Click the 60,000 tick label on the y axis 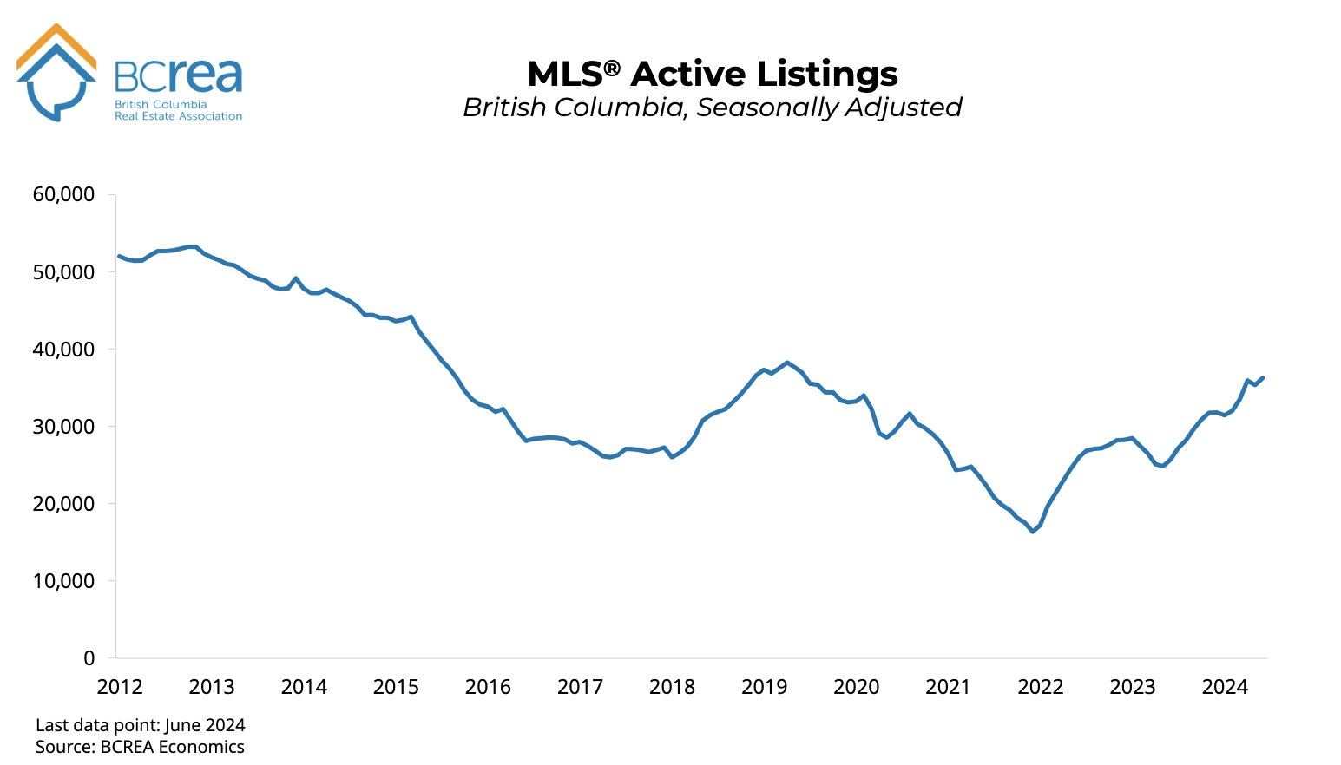tap(63, 194)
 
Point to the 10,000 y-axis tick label tap(63, 581)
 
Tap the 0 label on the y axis tap(89, 658)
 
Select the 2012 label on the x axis tap(120, 687)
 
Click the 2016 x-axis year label tap(488, 687)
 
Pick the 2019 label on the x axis tap(764, 687)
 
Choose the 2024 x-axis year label tap(1225, 687)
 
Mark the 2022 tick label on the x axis tap(1040, 687)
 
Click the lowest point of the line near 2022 tap(1032, 531)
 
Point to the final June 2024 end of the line tap(1263, 377)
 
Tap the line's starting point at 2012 tap(119, 256)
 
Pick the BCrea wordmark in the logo tap(178, 76)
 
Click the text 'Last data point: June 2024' tap(141, 725)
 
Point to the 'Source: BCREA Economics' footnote tap(140, 747)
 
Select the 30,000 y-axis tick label tap(63, 427)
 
